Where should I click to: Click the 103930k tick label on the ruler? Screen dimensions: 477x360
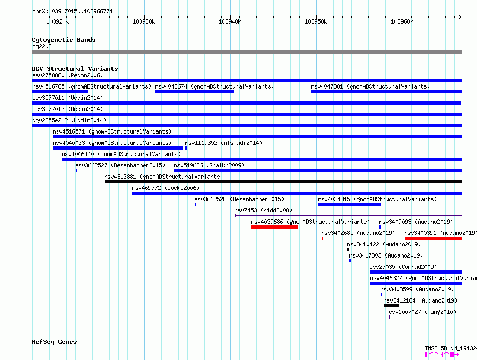pyautogui.click(x=144, y=21)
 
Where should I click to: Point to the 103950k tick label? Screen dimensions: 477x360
pyautogui.click(x=316, y=21)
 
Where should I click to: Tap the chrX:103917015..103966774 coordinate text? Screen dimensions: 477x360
pyautogui.click(x=72, y=12)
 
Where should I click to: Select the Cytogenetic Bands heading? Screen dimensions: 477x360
pyautogui.click(x=64, y=40)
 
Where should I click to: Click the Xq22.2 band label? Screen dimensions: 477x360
pyautogui.click(x=42, y=46)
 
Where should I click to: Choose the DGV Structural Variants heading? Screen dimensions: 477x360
pyautogui.click(x=75, y=69)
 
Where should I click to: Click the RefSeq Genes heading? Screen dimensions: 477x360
pyautogui.click(x=54, y=342)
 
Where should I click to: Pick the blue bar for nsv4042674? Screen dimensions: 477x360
pyautogui.click(x=195, y=92)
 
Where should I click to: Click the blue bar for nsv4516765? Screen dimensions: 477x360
pyautogui.click(x=60, y=92)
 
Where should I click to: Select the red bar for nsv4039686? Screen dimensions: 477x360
pyautogui.click(x=274, y=227)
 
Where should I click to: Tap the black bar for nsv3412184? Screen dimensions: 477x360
pyautogui.click(x=391, y=306)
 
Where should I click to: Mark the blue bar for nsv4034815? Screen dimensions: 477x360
pyautogui.click(x=349, y=204)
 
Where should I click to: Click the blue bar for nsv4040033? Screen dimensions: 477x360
pyautogui.click(x=118, y=148)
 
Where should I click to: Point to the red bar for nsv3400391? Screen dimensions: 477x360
pyautogui.click(x=433, y=238)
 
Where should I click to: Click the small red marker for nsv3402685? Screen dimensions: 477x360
pyautogui.click(x=323, y=238)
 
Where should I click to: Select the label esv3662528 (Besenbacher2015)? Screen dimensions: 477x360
pyautogui.click(x=239, y=199)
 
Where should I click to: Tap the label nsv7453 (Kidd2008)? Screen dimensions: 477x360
pyautogui.click(x=263, y=210)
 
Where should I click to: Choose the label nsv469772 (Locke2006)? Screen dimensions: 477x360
pyautogui.click(x=166, y=188)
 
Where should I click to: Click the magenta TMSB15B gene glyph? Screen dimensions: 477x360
pyautogui.click(x=442, y=355)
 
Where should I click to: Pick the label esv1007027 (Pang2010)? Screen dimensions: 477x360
pyautogui.click(x=422, y=312)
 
